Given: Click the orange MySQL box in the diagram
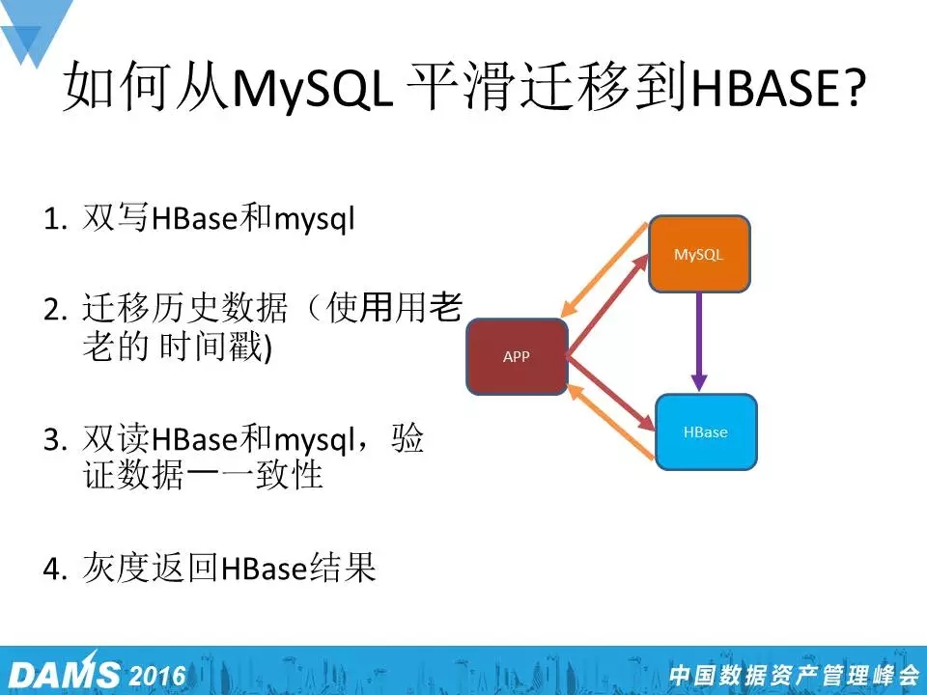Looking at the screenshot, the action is click(x=699, y=254).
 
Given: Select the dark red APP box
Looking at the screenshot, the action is click(x=517, y=356).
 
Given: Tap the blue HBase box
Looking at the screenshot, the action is click(x=706, y=432).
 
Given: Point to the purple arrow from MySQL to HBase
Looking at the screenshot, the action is click(x=699, y=342).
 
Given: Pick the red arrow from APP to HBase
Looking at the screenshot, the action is click(x=611, y=393).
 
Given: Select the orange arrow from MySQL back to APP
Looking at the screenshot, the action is click(x=604, y=270).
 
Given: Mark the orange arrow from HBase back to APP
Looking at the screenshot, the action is click(x=610, y=421).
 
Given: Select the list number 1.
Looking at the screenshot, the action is click(x=54, y=219).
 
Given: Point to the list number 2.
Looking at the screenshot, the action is click(x=54, y=310).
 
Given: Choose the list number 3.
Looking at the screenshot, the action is click(x=54, y=440).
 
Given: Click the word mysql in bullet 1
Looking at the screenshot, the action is click(x=315, y=221).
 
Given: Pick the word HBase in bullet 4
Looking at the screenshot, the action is click(x=264, y=568).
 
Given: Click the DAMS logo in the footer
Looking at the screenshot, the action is click(x=64, y=673).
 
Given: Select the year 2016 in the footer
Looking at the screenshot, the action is click(x=157, y=675).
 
